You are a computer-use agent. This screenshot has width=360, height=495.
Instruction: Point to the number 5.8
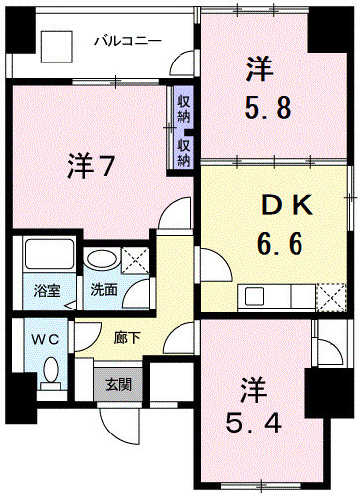(x=267, y=106)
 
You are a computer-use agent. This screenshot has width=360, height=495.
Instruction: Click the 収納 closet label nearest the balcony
(x=184, y=106)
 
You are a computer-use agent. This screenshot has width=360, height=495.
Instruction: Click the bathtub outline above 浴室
(x=46, y=257)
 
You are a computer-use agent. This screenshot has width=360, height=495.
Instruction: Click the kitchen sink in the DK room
(x=256, y=295)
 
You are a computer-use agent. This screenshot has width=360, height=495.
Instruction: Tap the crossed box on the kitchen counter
(x=332, y=295)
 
